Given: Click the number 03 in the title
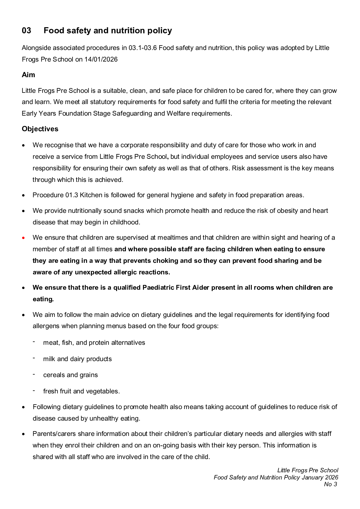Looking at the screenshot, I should tap(26, 31).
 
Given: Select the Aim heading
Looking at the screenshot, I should tap(28, 75).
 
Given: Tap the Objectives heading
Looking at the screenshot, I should tap(40, 129).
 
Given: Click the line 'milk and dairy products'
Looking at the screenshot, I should tap(77, 359).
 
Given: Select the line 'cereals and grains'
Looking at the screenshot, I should tap(70, 375).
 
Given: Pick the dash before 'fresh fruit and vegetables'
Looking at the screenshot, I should tap(34, 391).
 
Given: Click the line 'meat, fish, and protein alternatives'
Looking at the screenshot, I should tap(94, 343).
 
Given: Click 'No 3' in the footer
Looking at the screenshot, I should tap(330, 485).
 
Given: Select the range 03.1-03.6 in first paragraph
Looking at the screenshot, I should tap(142, 48).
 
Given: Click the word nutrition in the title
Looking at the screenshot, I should tap(127, 31).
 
